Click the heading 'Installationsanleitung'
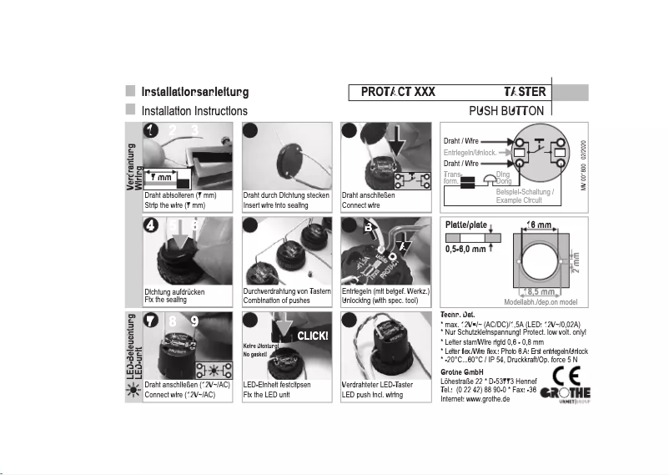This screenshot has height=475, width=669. coord(195,91)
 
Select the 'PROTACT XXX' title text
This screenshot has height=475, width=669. coord(398,92)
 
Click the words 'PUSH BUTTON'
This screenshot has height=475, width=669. coord(506,110)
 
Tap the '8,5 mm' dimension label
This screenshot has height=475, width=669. coord(537,292)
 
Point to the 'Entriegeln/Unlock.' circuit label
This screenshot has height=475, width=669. coord(470,153)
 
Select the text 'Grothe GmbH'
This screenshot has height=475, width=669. coord(463,370)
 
